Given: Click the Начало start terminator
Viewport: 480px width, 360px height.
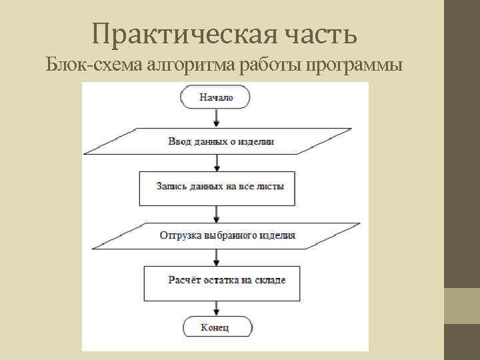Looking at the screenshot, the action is [216, 98].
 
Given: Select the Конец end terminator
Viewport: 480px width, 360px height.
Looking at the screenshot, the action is [215, 327].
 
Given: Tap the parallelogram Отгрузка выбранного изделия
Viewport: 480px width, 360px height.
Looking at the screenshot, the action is [227, 235].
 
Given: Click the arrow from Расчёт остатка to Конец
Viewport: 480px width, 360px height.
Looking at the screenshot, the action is [216, 308].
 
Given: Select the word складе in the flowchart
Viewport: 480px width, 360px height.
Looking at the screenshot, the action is [271, 280].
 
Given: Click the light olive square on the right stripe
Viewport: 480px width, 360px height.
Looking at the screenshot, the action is [462, 306].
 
